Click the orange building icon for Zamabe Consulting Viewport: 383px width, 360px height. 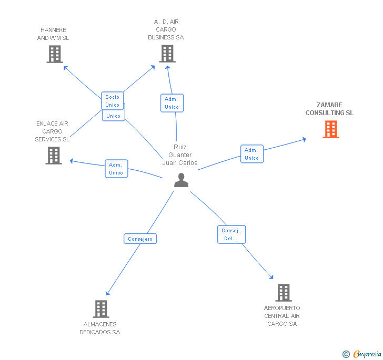click(330, 129)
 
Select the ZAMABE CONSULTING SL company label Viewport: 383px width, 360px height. click(329, 109)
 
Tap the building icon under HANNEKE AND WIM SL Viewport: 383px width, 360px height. click(55, 54)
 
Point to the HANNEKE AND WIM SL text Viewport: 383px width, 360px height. click(53, 34)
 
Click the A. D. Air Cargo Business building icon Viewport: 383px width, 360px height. click(167, 54)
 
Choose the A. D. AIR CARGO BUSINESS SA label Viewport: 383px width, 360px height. click(166, 29)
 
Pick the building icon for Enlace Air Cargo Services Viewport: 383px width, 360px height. click(54, 156)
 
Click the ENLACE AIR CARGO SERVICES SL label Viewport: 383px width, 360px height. click(52, 131)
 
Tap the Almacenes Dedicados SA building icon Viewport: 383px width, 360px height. click(101, 309)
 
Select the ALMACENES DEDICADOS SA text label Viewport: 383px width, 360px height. click(100, 328)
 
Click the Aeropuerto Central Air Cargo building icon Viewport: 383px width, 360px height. click(283, 292)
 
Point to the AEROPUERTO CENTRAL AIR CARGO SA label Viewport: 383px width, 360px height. click(282, 316)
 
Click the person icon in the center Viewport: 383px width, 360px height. click(181, 180)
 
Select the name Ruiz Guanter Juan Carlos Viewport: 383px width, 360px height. click(180, 155)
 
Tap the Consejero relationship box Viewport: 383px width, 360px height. click(140, 239)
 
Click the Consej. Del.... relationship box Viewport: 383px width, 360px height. click(231, 234)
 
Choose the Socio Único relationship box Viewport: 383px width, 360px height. click(113, 100)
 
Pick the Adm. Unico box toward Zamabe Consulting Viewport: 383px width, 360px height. click(252, 154)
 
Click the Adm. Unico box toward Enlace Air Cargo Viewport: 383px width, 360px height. click(116, 169)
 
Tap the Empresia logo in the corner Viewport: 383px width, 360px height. click(362, 354)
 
